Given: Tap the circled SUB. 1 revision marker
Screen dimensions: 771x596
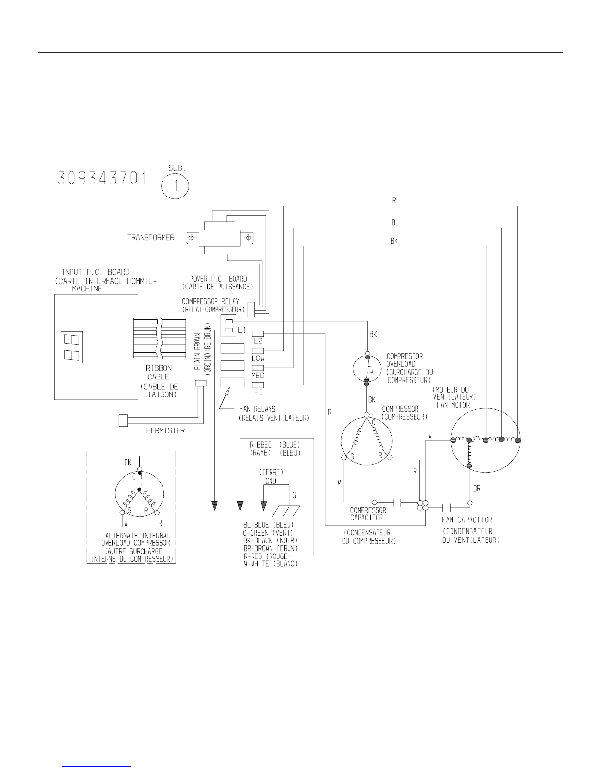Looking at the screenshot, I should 175,185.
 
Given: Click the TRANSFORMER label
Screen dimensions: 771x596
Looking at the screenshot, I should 151,238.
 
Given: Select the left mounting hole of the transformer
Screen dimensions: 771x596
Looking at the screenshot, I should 191,238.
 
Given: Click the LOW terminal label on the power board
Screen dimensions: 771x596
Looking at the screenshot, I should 258,358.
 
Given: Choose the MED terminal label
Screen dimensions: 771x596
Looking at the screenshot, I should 258,376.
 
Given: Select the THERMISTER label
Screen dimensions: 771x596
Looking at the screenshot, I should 163,431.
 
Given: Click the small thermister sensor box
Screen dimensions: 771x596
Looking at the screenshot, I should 123,420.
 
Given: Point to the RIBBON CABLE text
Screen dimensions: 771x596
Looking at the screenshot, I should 159,373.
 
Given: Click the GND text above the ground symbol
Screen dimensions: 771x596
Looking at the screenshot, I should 271,480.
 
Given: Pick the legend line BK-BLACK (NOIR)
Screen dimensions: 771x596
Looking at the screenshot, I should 270,540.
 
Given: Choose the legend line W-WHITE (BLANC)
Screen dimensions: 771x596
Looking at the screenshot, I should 270,563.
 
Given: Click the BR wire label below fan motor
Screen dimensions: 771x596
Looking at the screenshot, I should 477,489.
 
